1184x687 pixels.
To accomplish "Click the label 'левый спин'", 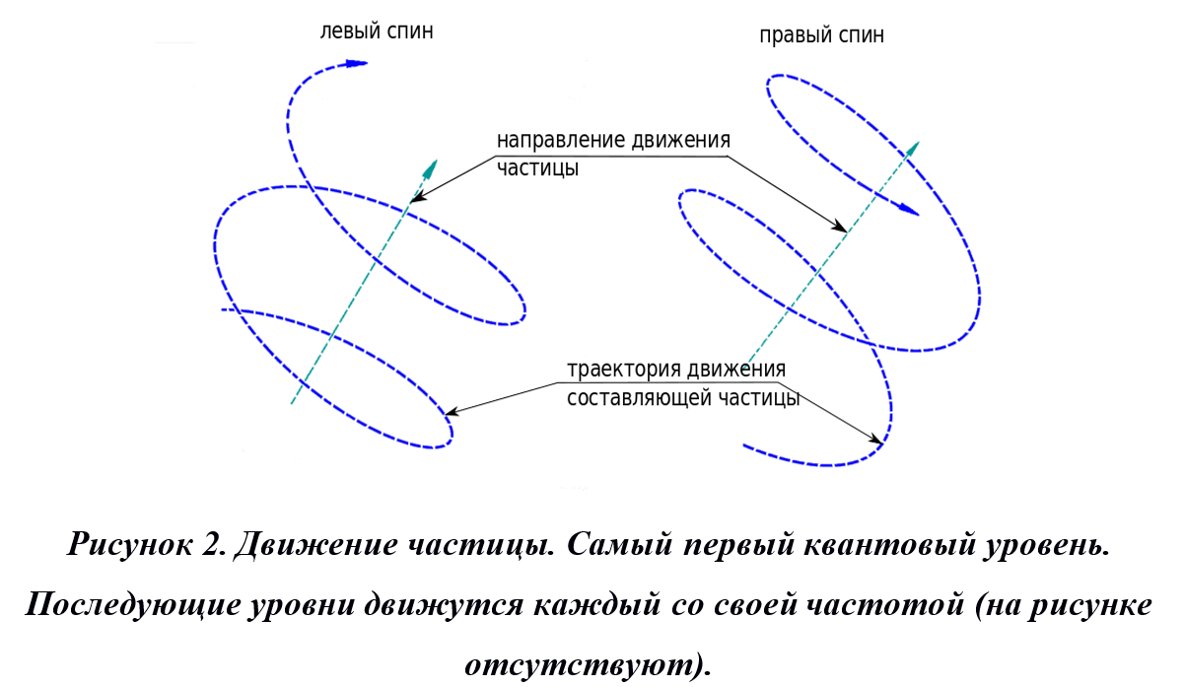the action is coord(377,32).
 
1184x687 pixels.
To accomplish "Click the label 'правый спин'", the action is coord(821,35).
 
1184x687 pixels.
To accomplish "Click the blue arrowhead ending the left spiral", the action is coord(356,63).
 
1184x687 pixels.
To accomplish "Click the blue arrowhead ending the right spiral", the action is coord(909,210).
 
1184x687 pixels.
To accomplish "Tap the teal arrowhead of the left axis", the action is coord(431,169).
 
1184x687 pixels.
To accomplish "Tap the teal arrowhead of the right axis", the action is coord(912,150).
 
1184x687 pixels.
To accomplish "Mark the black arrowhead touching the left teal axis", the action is coord(419,197).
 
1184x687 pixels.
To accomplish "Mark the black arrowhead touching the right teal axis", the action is coord(839,226).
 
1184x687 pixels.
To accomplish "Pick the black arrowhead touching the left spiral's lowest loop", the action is coord(452,411).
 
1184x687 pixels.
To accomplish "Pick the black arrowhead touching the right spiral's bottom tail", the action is coord(874,439).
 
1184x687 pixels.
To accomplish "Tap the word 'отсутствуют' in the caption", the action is coord(579,664).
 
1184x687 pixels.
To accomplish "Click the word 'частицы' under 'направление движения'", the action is coord(537,169).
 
